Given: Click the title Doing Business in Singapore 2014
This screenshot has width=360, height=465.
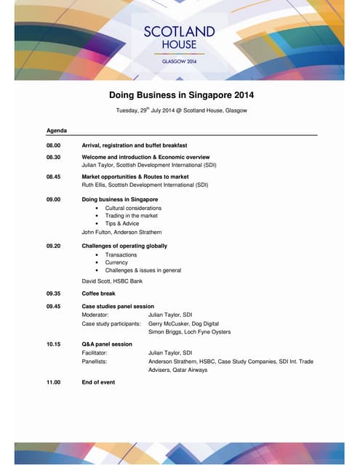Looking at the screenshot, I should (x=181, y=94).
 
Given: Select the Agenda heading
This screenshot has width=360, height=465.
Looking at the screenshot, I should (x=57, y=130).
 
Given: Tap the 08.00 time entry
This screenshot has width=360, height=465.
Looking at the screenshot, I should (x=53, y=145).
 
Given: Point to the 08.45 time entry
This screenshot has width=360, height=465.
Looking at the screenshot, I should (x=53, y=177).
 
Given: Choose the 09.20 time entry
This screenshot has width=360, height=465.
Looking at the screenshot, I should (x=53, y=246).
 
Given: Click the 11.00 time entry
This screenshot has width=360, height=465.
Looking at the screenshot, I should (x=53, y=381).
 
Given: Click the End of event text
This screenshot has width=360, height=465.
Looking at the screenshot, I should (x=98, y=381).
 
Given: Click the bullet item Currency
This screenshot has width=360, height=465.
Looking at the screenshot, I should (x=116, y=262).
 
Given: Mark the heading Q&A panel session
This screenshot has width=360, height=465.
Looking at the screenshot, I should (x=107, y=344).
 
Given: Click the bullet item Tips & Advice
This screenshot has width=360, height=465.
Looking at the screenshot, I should (x=121, y=224).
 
